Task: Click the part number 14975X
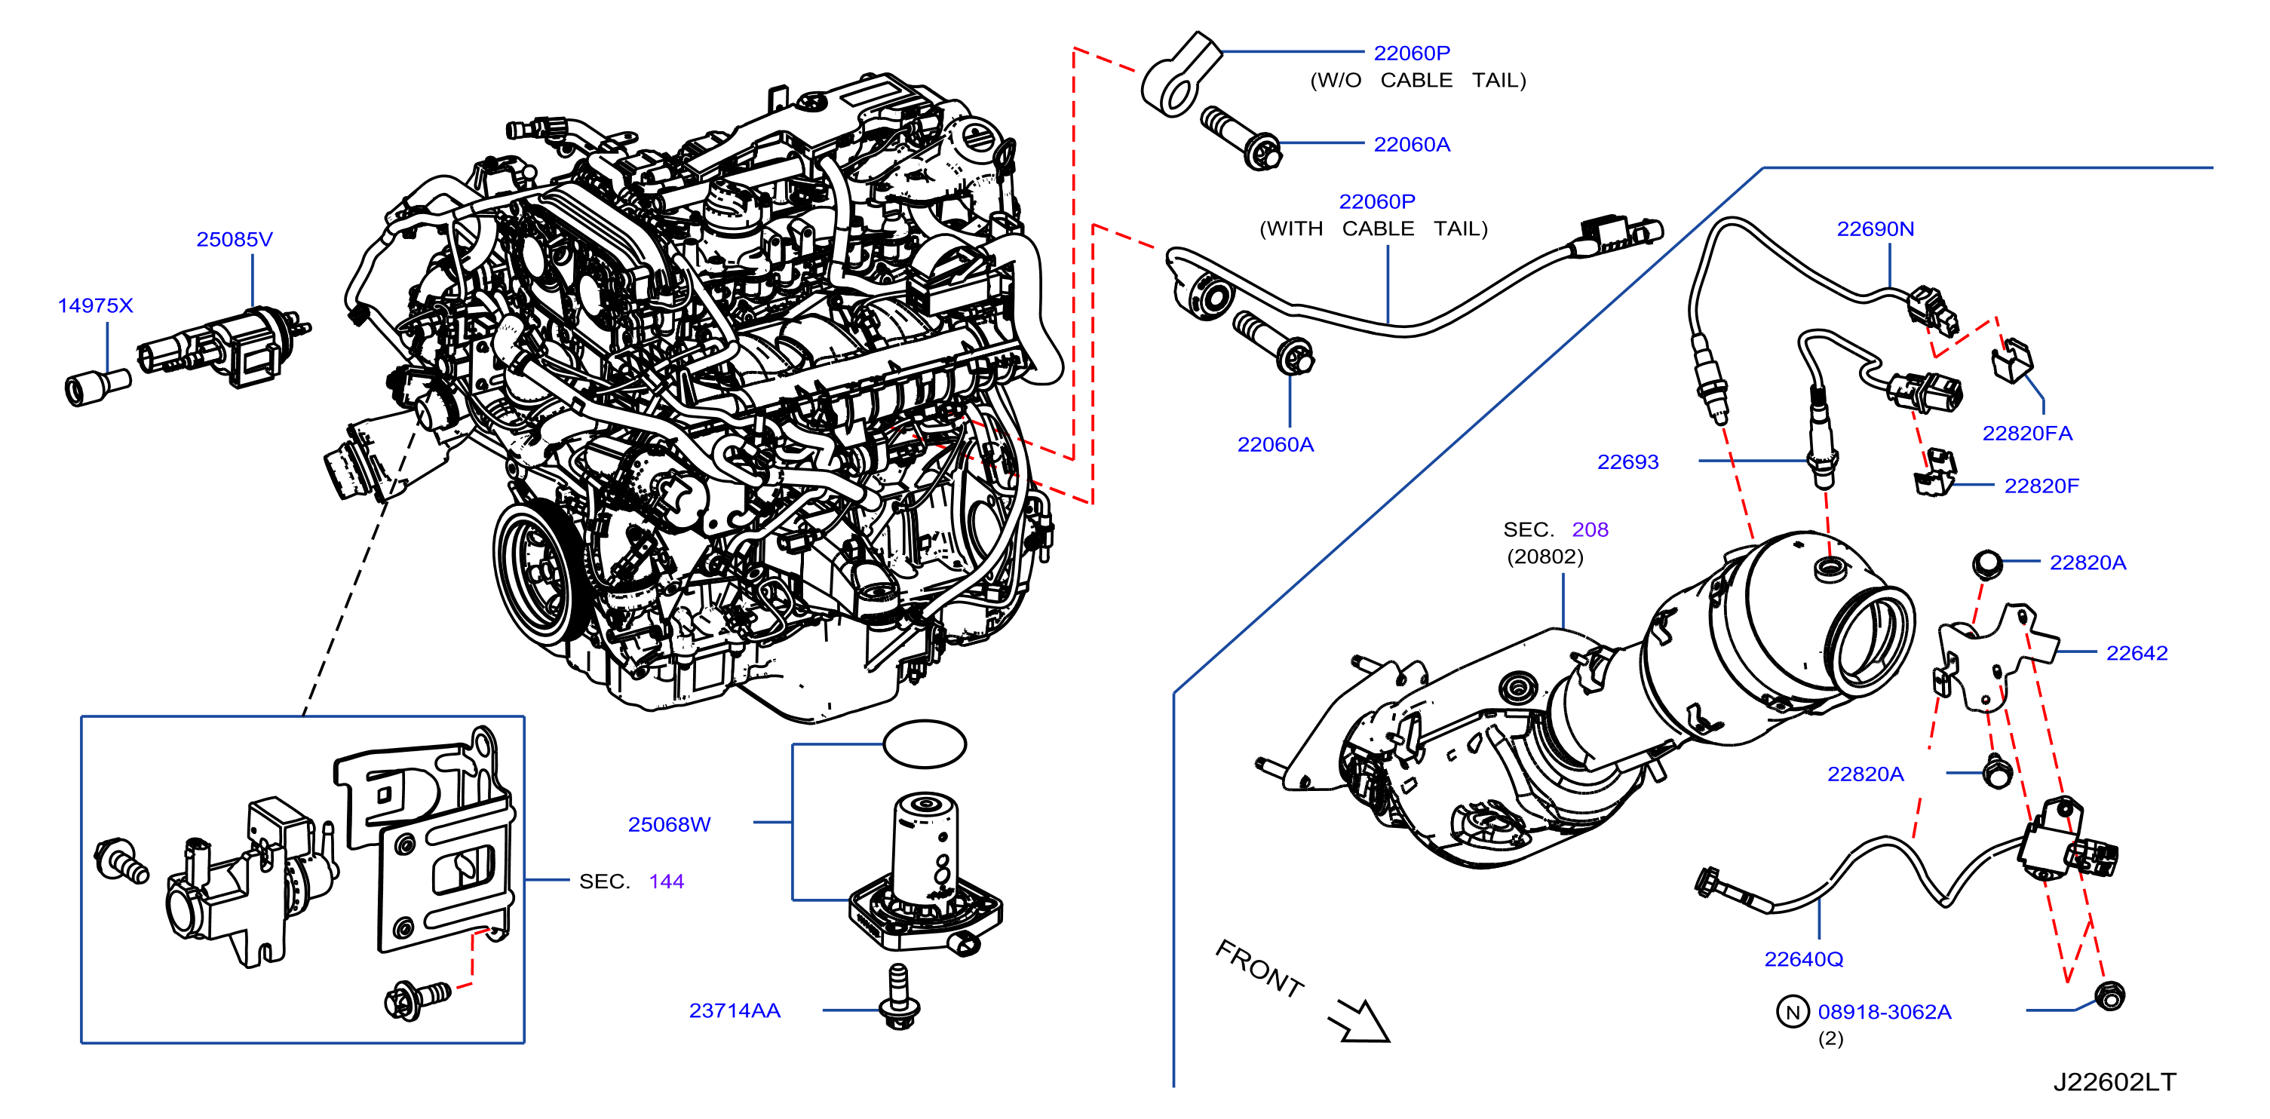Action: (95, 305)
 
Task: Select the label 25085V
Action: (235, 240)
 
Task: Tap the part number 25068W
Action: (669, 825)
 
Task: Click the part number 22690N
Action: (1876, 229)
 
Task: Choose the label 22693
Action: (1627, 461)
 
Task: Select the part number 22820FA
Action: (2027, 434)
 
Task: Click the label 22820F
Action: (2041, 486)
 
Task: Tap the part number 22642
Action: (2136, 653)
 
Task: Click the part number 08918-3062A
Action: (1884, 1013)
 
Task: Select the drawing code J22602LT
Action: (2115, 1082)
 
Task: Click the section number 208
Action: (1590, 529)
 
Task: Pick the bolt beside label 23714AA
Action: (900, 997)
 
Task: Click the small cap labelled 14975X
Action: (97, 388)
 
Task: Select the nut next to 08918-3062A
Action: (2109, 995)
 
